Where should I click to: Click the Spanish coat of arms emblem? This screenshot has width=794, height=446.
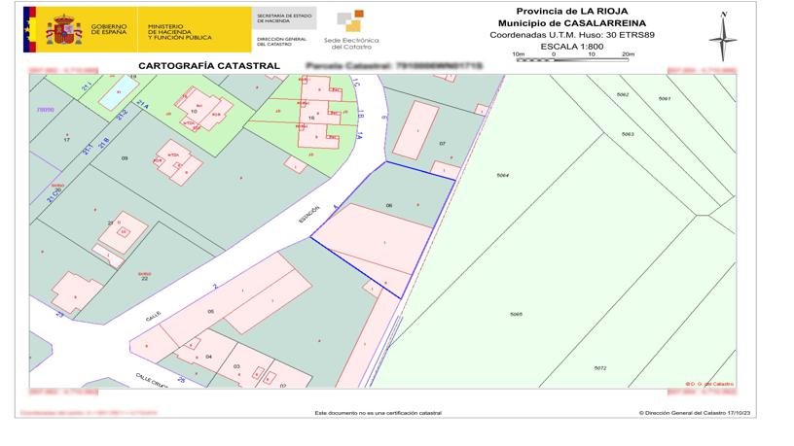[65, 29]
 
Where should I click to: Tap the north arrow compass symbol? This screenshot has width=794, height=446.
[722, 38]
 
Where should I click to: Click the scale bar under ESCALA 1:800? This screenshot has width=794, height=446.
[574, 60]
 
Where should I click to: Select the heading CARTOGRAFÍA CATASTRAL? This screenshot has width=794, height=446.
[209, 66]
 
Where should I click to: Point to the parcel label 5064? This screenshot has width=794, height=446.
[503, 175]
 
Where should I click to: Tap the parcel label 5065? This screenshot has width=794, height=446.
[516, 314]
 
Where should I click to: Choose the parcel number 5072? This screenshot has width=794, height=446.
[600, 367]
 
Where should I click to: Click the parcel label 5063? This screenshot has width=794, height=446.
[628, 133]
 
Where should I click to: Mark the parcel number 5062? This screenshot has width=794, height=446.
[624, 94]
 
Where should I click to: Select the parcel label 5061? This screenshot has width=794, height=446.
[665, 99]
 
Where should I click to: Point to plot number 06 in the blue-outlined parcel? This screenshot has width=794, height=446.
[389, 205]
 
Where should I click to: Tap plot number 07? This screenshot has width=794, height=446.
[443, 144]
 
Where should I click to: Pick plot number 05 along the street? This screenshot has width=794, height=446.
[210, 311]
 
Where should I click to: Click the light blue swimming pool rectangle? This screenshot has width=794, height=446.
[113, 92]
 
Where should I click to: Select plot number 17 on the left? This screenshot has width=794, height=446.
[66, 140]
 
